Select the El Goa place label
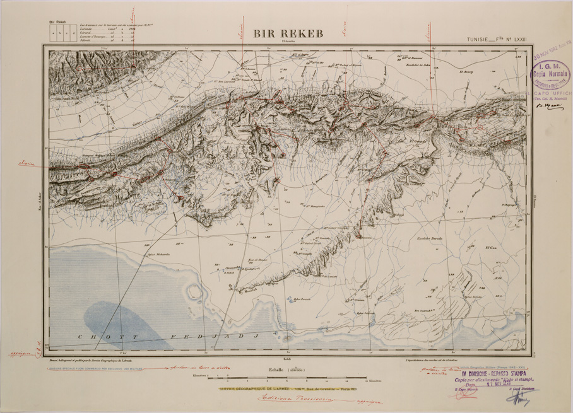coord(491,248)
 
